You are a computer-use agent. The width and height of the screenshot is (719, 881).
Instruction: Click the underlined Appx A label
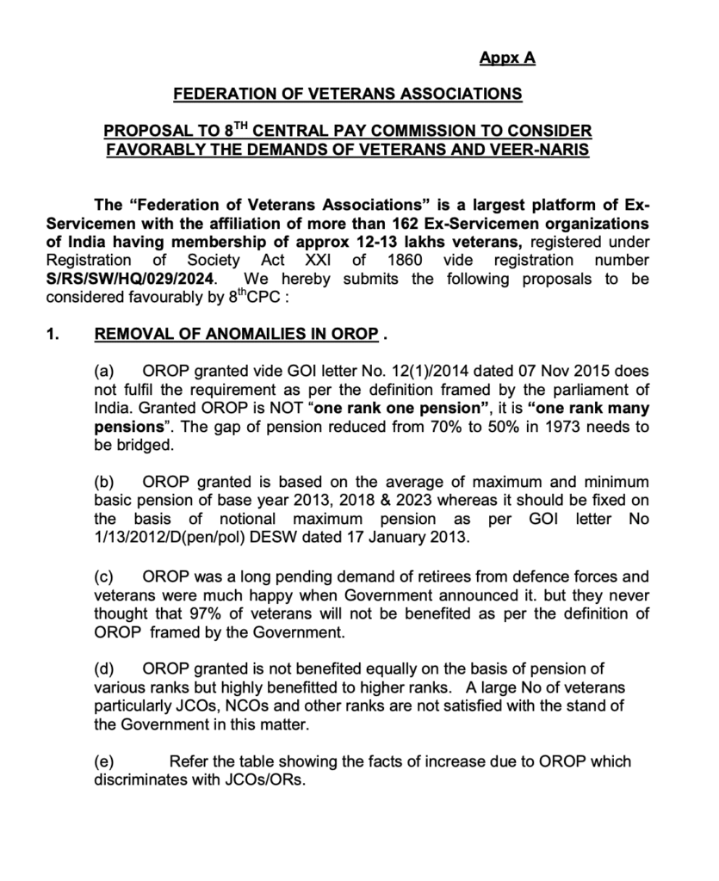[x=507, y=58]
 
